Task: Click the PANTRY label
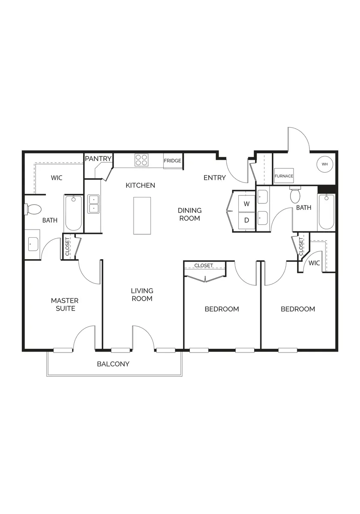(x=98, y=158)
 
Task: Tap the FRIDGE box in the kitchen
(x=173, y=161)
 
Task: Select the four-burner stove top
(x=141, y=160)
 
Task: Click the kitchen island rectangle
(x=142, y=216)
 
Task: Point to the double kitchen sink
(x=93, y=204)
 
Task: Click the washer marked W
(x=247, y=203)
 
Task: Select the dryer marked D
(x=247, y=221)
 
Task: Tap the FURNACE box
(x=284, y=176)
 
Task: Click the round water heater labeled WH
(x=325, y=164)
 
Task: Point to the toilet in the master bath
(x=33, y=209)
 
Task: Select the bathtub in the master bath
(x=73, y=213)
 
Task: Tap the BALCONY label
(x=113, y=364)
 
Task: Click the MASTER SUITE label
(x=65, y=305)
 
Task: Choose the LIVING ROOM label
(x=142, y=295)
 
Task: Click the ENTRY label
(x=215, y=178)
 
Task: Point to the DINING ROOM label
(x=189, y=214)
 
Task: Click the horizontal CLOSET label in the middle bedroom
(x=204, y=266)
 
